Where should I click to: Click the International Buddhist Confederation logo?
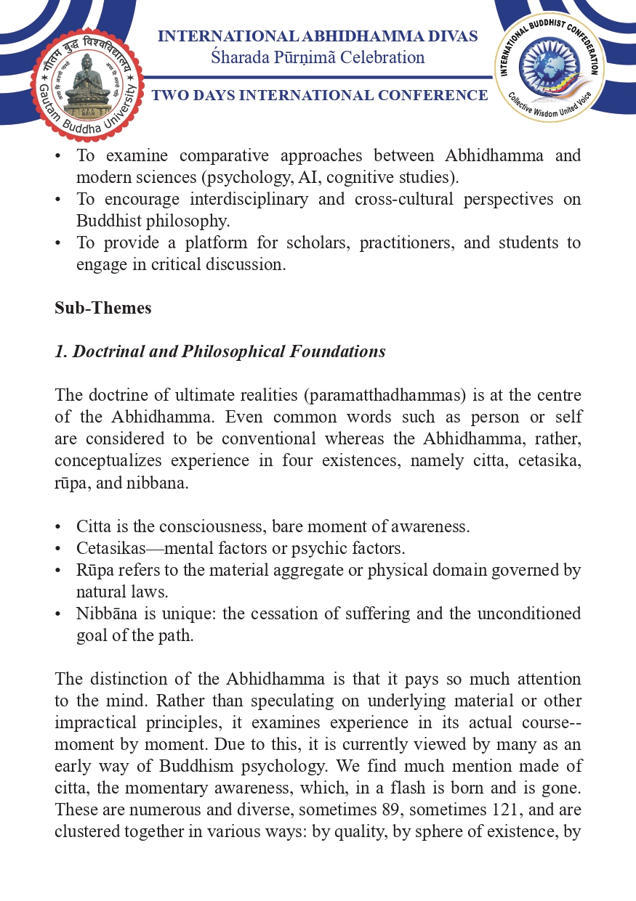pyautogui.click(x=550, y=68)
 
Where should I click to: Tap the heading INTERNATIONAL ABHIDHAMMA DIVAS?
pyautogui.click(x=318, y=36)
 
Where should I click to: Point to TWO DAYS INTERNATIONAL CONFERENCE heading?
pyautogui.click(x=319, y=95)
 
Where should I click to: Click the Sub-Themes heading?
pyautogui.click(x=102, y=308)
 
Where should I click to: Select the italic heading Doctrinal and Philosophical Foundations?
pyautogui.click(x=220, y=351)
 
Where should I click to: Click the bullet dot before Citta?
pyautogui.click(x=58, y=526)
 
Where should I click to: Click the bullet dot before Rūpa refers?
pyautogui.click(x=58, y=570)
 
